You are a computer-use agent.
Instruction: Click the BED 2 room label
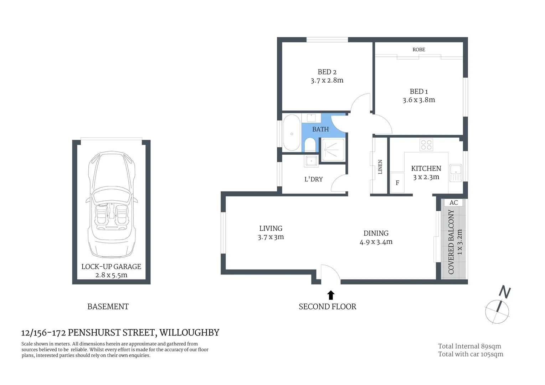(327, 72)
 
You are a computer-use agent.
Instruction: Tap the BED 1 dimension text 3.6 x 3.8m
(419, 100)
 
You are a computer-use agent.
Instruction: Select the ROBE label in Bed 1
(419, 50)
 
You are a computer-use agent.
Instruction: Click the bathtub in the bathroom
(292, 133)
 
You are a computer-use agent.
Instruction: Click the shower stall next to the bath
(333, 150)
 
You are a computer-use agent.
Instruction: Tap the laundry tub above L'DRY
(311, 161)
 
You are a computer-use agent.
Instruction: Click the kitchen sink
(456, 173)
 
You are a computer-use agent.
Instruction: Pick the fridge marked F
(397, 183)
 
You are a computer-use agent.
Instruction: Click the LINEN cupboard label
(380, 167)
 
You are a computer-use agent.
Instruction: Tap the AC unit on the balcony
(453, 202)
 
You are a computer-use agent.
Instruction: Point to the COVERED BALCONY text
(451, 242)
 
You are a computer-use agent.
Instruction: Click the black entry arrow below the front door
(331, 295)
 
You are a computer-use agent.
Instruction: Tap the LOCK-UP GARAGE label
(111, 267)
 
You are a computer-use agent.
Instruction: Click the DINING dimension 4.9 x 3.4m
(376, 242)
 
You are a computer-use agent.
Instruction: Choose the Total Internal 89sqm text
(469, 346)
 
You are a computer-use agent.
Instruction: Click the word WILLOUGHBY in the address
(189, 333)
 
